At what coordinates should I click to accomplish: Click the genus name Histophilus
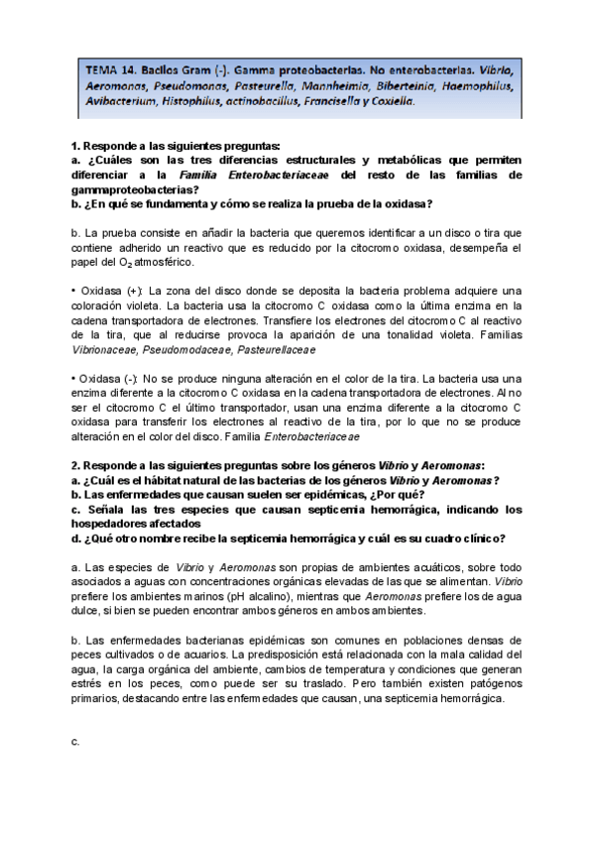tap(192, 101)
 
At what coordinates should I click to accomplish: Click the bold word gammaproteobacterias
tap(133, 189)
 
